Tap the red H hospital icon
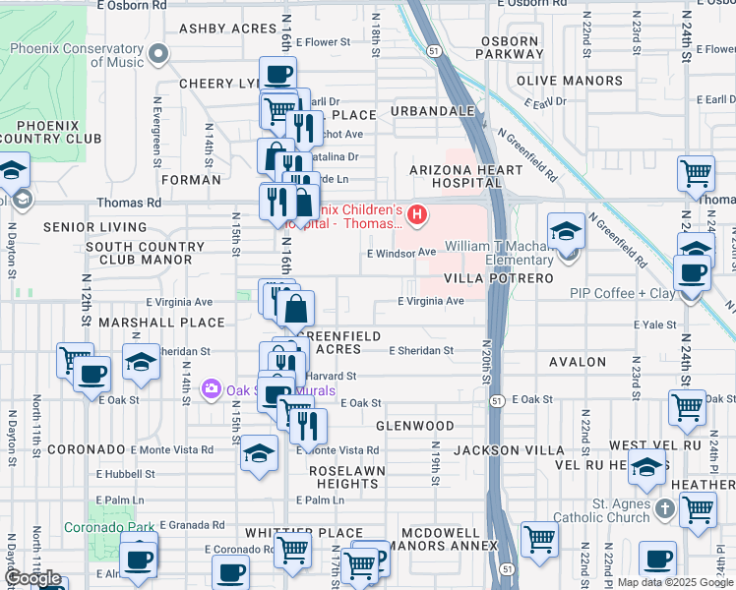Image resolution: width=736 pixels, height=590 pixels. (418, 213)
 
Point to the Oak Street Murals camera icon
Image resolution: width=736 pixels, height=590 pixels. (211, 390)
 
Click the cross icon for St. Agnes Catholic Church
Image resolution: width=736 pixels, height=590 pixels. (664, 508)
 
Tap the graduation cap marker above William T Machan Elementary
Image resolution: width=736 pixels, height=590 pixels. (567, 233)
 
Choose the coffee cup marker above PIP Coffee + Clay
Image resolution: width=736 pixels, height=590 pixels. (692, 272)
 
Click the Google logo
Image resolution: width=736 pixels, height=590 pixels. (33, 578)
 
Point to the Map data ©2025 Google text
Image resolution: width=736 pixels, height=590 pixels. (674, 583)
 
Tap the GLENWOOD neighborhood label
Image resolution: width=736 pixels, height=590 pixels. (415, 426)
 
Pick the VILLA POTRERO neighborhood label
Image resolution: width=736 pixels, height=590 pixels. (499, 278)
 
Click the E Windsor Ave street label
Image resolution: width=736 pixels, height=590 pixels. (400, 253)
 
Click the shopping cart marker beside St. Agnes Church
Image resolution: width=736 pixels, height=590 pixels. (698, 509)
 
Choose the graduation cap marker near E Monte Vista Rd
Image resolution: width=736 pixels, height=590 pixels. (259, 453)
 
